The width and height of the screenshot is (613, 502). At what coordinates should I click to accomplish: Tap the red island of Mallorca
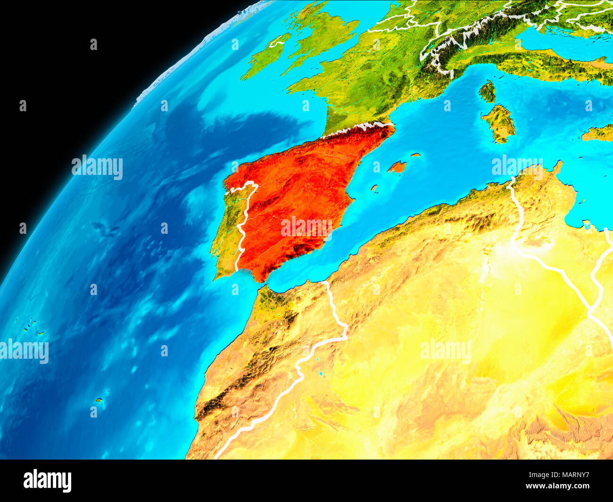(x=397, y=167)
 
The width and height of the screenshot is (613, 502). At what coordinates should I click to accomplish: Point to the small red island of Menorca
(x=415, y=155)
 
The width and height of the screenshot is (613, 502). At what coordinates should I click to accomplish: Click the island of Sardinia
(x=500, y=123)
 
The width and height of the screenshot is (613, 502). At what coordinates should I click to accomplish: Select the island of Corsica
(x=488, y=91)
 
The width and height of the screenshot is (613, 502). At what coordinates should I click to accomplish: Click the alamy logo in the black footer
(x=47, y=480)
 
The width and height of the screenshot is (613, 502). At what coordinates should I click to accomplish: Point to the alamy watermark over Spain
(x=306, y=227)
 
